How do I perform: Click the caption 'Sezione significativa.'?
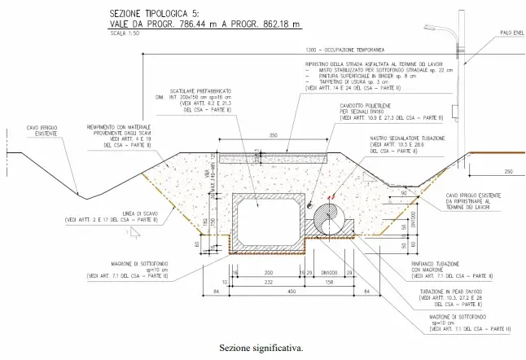(261, 347)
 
